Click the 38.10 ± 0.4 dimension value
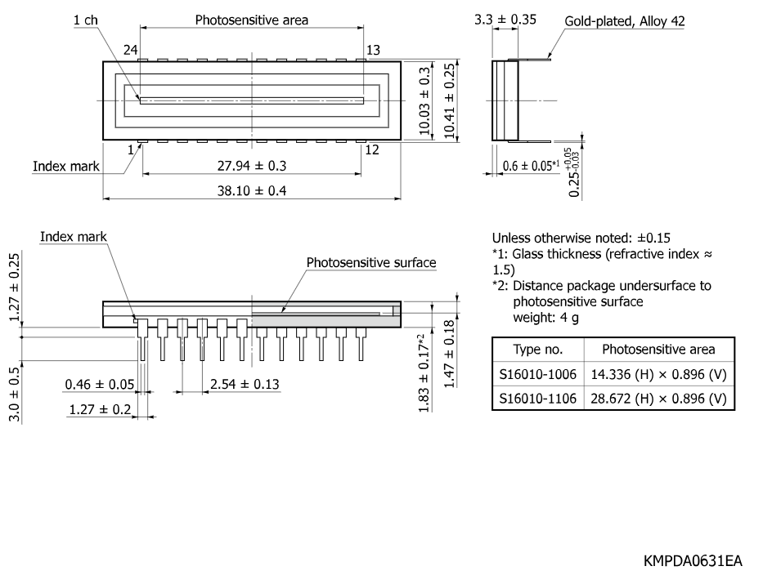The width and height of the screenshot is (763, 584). coord(252,190)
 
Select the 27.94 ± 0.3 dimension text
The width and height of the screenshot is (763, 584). coord(252,166)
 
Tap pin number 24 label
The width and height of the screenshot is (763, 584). coord(130,50)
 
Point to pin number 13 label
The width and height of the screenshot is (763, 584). coord(373,50)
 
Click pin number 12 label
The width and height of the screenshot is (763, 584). coord(372,149)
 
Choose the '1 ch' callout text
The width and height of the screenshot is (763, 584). coord(86,20)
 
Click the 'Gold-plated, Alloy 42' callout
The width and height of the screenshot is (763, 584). coord(625,21)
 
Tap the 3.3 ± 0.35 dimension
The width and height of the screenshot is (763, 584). coord(505,20)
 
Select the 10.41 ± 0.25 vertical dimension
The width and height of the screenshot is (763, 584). coord(450,101)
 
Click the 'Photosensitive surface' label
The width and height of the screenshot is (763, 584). coord(371,263)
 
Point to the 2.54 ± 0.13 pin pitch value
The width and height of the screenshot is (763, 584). coord(245,385)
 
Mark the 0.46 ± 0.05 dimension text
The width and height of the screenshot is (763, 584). coord(99,385)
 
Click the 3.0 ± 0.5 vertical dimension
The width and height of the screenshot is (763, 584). coord(15,395)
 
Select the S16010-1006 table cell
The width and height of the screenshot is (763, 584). coord(538,374)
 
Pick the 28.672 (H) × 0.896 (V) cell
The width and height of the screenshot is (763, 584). coord(658,399)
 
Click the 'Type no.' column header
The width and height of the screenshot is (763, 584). coord(538,350)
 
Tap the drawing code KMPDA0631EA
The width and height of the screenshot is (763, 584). coord(693,561)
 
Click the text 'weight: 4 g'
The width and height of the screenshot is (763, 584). coord(545,318)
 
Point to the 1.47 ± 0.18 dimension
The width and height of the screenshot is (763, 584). coord(450,354)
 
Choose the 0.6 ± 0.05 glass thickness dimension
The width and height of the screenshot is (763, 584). coord(531,166)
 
